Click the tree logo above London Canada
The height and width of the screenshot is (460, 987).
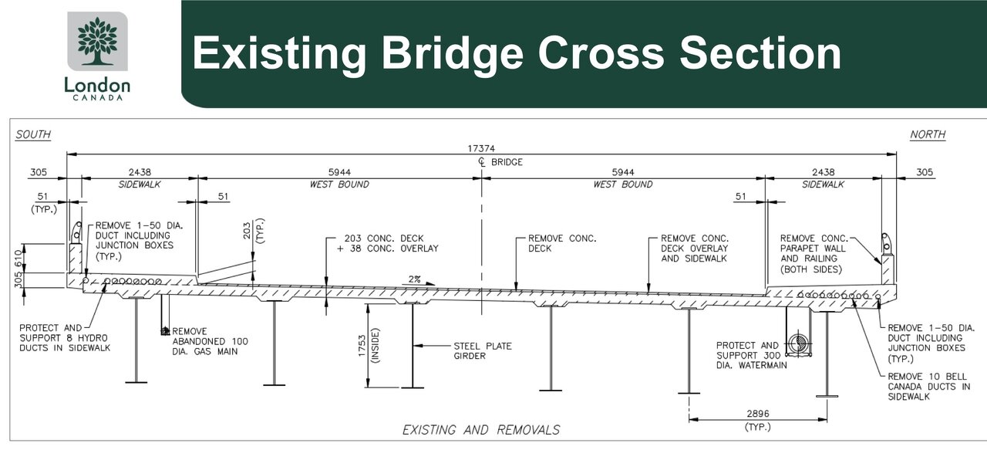tap(97, 42)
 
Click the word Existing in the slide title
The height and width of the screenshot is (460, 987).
tap(278, 54)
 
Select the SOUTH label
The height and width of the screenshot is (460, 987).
tap(33, 134)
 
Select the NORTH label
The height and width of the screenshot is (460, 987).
tap(928, 134)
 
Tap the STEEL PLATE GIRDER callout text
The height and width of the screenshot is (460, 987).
tap(482, 351)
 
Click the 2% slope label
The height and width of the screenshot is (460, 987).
tap(413, 279)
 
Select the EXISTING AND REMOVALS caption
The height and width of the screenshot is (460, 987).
tap(481, 430)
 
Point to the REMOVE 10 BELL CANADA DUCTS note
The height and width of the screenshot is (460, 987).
tap(928, 387)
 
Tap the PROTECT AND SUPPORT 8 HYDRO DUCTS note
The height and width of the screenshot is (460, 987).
tap(65, 338)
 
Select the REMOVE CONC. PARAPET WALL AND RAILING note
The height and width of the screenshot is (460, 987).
tap(813, 254)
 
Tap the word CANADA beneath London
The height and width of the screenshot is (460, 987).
tap(97, 98)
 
